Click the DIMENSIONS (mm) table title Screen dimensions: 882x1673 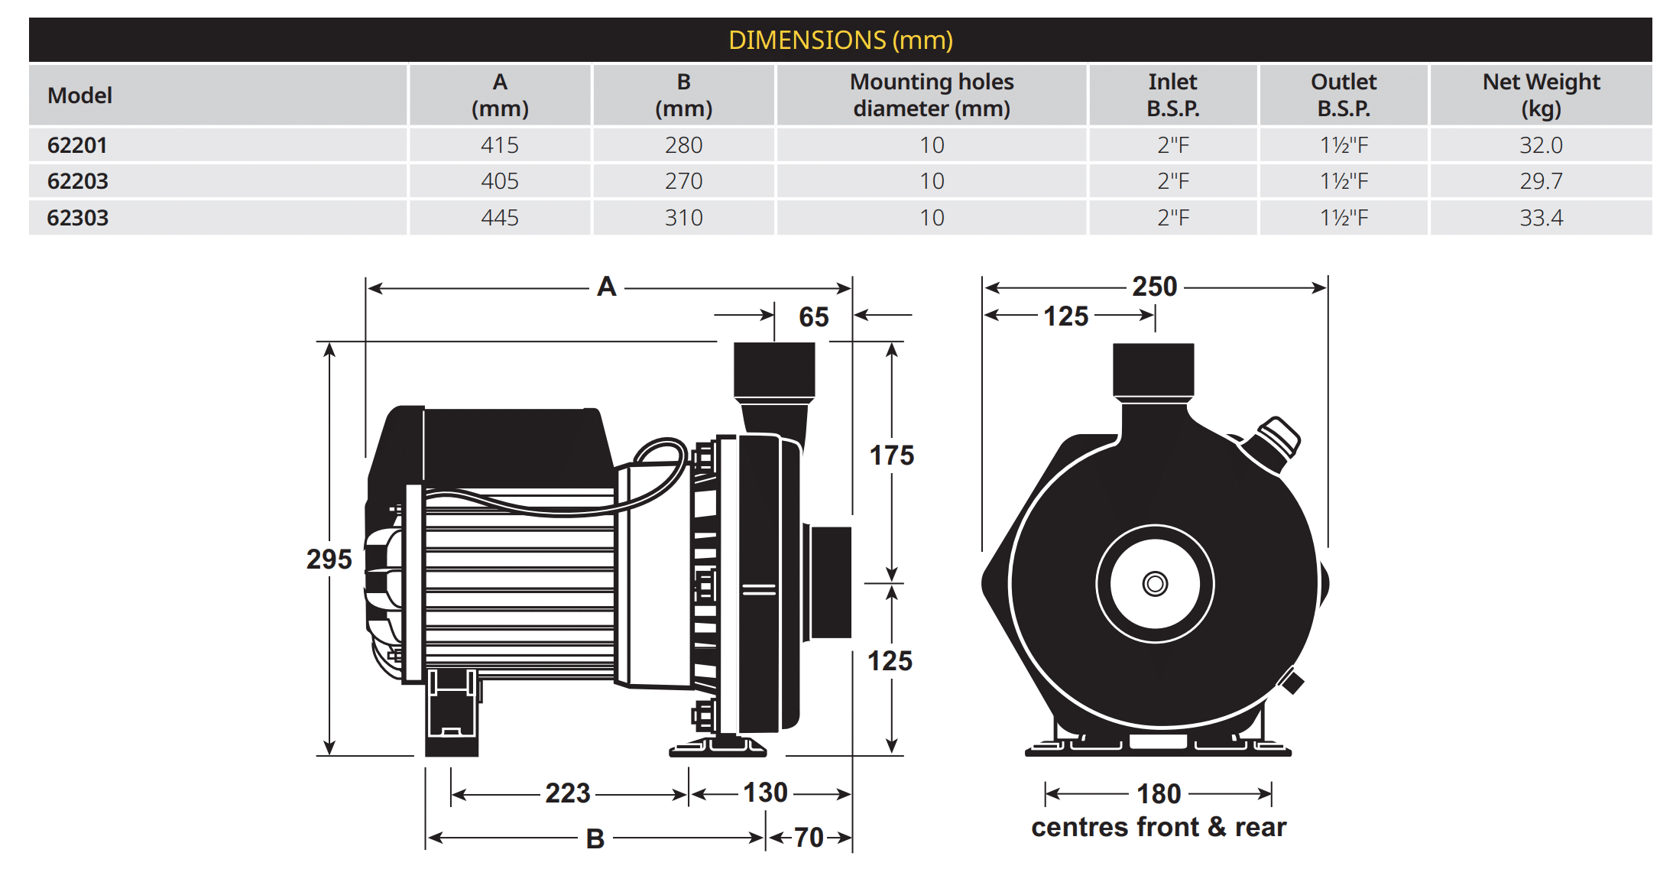click(840, 40)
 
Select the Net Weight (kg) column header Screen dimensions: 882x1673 click(1541, 95)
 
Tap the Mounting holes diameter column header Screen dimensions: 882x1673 click(931, 95)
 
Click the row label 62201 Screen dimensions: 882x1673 click(77, 145)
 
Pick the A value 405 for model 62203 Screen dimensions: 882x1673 click(500, 181)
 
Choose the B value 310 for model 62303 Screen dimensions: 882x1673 click(683, 218)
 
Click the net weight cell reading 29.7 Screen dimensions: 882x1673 click(1541, 181)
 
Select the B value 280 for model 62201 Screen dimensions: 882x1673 click(683, 145)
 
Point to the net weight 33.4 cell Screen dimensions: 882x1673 click(1541, 218)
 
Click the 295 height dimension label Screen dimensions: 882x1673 click(329, 559)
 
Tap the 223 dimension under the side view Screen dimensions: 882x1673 click(567, 793)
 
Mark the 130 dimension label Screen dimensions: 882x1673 click(765, 793)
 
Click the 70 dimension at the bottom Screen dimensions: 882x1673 click(809, 838)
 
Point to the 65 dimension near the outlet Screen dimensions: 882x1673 click(813, 317)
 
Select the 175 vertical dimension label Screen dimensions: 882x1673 click(891, 456)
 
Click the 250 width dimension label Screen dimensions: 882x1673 click(1154, 287)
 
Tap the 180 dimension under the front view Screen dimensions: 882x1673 click(1159, 794)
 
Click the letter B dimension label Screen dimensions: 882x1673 click(595, 839)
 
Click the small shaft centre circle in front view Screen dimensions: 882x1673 click(1155, 585)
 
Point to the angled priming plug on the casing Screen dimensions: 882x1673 click(1275, 441)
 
